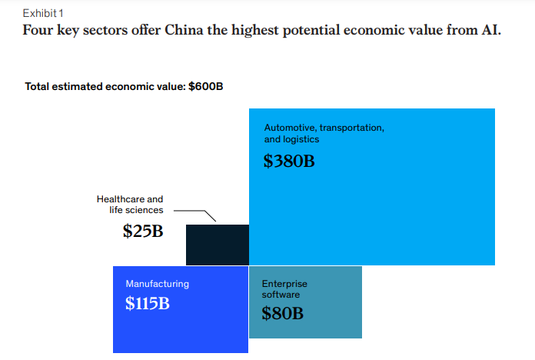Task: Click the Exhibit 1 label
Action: click(x=44, y=14)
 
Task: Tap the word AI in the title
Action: click(x=489, y=32)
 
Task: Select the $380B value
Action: click(x=289, y=162)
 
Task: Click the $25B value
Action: click(x=143, y=231)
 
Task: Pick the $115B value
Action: click(x=148, y=303)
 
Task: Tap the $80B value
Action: click(x=282, y=313)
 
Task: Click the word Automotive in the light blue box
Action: click(x=289, y=128)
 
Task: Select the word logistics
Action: click(x=301, y=140)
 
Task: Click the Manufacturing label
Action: click(x=157, y=284)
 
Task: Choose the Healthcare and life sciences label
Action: click(x=130, y=205)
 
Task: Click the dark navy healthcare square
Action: click(x=218, y=245)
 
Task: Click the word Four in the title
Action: click(x=37, y=32)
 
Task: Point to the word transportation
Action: click(x=351, y=128)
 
